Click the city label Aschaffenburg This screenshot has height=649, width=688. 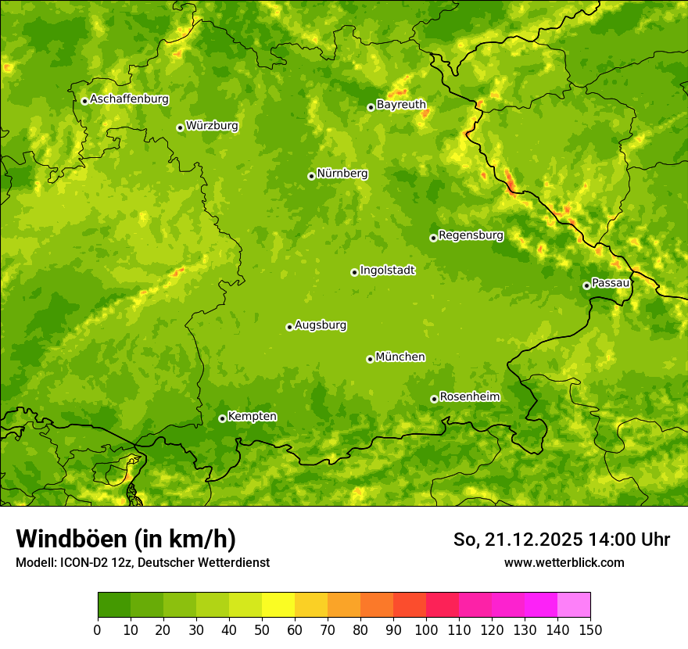tap(129, 99)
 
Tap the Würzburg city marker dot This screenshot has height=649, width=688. tap(180, 127)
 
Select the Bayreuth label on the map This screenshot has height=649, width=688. tap(401, 105)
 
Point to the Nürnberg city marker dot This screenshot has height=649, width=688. tap(311, 176)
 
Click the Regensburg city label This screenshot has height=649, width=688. tap(471, 235)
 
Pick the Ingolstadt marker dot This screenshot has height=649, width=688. tap(354, 272)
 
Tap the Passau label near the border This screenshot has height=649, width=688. tap(611, 283)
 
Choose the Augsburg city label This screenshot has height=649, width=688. tap(321, 325)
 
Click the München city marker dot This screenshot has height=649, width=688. tap(370, 359)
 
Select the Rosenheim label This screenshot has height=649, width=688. tap(469, 397)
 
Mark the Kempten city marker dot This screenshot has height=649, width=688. tap(222, 418)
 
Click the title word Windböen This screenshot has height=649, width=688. tap(71, 540)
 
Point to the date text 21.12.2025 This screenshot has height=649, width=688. tap(533, 540)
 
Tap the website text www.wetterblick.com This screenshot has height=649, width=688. tap(564, 562)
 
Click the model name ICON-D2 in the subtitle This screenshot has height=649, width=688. tap(85, 562)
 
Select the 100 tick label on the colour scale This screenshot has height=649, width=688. tap(426, 629)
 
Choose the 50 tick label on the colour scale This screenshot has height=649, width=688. tap(262, 629)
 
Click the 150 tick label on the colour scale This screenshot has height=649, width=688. tap(590, 629)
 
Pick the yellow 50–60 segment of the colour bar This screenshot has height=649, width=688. tap(278, 605)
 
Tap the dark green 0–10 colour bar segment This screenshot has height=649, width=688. tap(114, 605)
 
